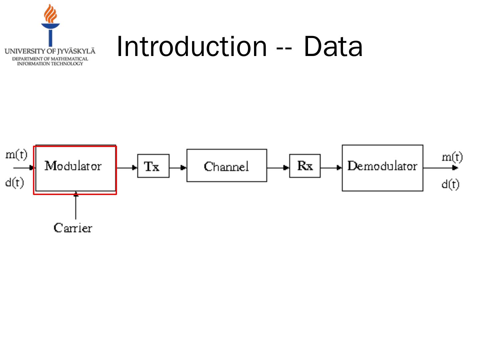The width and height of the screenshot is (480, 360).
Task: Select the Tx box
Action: (153, 166)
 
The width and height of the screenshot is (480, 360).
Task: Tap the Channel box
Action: (227, 166)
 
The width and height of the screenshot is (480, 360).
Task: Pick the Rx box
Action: (305, 166)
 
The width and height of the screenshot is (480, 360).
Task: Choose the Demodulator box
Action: (382, 168)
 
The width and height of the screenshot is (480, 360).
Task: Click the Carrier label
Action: (73, 228)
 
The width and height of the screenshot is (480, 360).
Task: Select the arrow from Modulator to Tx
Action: (127, 168)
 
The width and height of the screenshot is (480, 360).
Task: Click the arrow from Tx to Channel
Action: (178, 167)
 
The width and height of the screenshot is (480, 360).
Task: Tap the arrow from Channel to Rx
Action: (278, 167)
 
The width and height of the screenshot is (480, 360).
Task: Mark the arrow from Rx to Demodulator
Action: (331, 167)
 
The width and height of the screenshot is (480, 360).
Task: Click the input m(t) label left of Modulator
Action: (16, 155)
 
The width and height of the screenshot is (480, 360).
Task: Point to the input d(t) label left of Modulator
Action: (15, 182)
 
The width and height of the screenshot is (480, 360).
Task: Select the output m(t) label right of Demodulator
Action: (452, 157)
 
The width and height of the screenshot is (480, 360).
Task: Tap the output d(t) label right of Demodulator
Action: (450, 184)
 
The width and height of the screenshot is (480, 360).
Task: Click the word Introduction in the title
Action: (192, 47)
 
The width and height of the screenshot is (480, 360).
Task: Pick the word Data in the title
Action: (333, 47)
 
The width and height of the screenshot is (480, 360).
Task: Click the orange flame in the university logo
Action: (50, 14)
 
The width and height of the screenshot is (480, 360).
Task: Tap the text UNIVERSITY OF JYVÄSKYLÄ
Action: (50, 51)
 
